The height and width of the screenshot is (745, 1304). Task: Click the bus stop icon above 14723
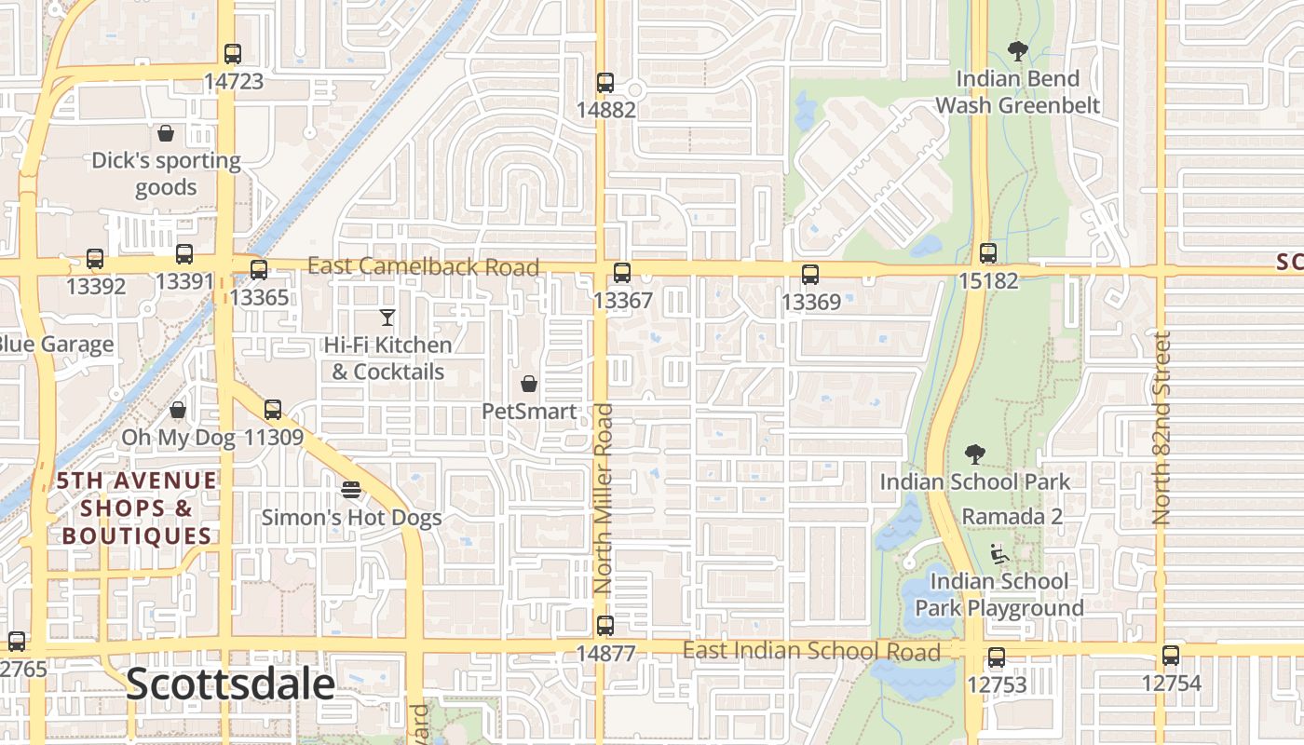233,54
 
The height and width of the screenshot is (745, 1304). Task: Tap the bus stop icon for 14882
605,83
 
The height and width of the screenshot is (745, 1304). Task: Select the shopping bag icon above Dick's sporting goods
166,133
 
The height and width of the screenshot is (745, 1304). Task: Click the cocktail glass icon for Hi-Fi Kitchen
387,318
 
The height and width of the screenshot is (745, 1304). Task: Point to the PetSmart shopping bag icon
529,384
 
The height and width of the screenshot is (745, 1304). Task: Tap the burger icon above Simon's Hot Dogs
351,490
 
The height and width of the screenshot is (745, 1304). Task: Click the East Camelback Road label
423,267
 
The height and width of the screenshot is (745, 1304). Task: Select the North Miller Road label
604,499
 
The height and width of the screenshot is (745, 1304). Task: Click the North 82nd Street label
1161,428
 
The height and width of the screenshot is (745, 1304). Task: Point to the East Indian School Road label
811,651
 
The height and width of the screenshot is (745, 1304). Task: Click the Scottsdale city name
230,684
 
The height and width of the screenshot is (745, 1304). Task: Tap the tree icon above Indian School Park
974,454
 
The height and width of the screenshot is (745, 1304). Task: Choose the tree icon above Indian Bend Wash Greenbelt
1017,52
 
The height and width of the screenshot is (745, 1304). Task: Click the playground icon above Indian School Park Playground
998,555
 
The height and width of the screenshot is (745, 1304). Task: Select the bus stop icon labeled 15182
988,253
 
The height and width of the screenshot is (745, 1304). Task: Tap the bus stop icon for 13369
810,275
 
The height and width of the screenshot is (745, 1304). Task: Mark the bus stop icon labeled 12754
1171,657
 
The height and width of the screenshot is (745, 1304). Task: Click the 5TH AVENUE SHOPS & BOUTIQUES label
138,508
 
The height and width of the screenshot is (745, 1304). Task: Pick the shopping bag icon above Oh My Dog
178,411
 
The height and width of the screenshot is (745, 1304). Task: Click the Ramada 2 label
1012,516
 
